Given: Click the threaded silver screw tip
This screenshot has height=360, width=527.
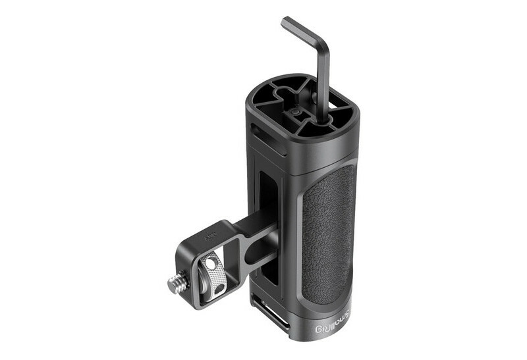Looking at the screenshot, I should click(175, 284).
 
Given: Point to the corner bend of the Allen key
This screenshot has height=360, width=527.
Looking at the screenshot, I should click(323, 41).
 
